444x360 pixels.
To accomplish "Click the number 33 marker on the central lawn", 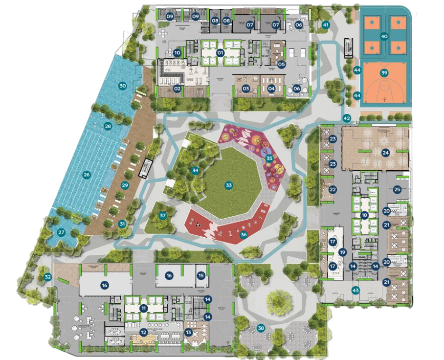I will point(228,185).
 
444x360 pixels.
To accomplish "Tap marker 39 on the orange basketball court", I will point(384,73).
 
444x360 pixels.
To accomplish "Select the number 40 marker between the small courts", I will point(384,36).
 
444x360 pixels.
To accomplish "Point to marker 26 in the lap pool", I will point(87,175).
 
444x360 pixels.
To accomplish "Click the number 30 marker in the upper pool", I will point(122,86).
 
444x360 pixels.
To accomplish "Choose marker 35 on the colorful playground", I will point(269,158).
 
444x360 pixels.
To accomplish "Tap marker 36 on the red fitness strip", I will point(243,235).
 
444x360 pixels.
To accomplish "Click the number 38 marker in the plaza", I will point(261,329).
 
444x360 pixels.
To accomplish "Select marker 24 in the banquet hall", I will point(386,153).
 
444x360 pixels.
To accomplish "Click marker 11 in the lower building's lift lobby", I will point(144,308).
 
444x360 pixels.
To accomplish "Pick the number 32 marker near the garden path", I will point(47,277).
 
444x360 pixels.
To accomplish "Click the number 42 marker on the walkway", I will point(347,118).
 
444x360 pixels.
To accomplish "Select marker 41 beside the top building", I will point(326,25).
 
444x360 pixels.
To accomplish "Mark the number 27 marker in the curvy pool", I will point(62,232).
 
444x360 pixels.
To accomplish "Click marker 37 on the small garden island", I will point(163,215).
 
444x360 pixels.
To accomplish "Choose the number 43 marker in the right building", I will point(356,291).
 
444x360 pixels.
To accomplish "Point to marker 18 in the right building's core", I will point(364,215).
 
